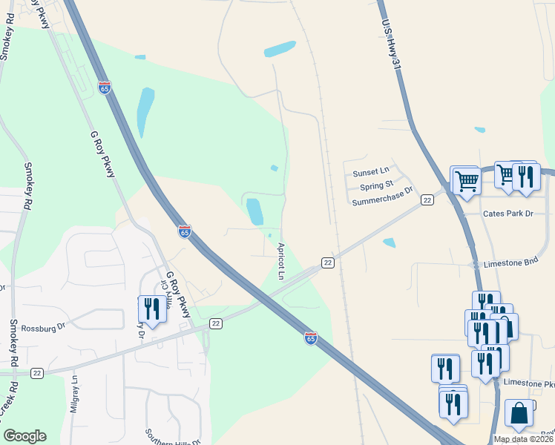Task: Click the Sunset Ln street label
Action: click(x=371, y=172)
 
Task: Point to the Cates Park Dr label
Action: click(x=508, y=214)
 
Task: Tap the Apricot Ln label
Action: click(x=281, y=261)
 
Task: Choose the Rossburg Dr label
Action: click(x=44, y=326)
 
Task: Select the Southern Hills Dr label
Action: click(x=173, y=437)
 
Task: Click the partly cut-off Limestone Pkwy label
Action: click(x=529, y=383)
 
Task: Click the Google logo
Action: click(x=24, y=436)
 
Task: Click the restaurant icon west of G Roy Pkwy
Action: click(x=152, y=308)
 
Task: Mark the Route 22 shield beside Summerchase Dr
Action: click(x=427, y=200)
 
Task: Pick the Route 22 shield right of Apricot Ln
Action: click(x=327, y=263)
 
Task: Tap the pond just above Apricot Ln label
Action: click(x=254, y=211)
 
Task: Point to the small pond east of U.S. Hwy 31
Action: click(x=479, y=130)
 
